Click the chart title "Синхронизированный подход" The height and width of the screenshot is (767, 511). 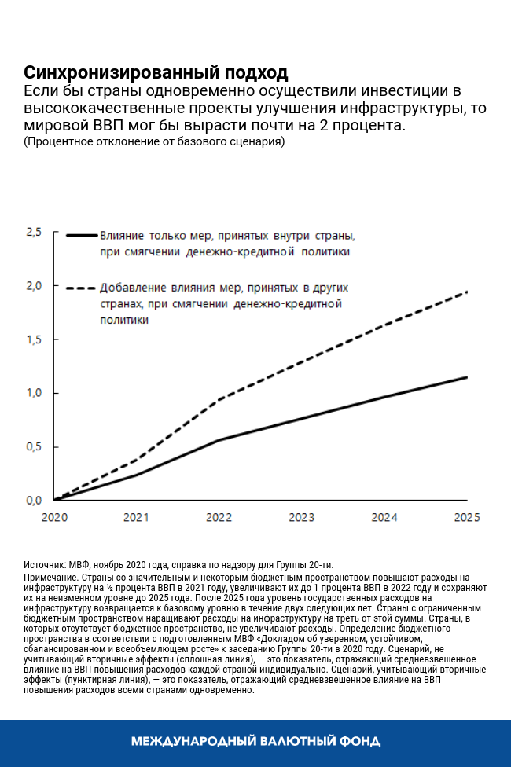coord(156,73)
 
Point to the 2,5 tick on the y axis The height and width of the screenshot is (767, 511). coord(33,233)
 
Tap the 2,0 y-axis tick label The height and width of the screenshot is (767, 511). coord(33,286)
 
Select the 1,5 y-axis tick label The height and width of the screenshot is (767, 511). coord(33,339)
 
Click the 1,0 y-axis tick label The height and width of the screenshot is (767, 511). coord(33,393)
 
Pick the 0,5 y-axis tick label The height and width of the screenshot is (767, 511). coord(33,446)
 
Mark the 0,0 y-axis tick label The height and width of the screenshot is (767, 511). coord(33,500)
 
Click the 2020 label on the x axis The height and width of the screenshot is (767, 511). coord(53,518)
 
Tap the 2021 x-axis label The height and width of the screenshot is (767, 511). coord(136,518)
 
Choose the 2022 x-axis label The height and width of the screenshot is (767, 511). coord(219,518)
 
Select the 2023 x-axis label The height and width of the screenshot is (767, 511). coord(302,518)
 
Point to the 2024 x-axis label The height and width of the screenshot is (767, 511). coord(384,518)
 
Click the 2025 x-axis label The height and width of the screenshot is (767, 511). coord(468,518)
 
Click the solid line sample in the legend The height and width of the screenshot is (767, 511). coord(81,235)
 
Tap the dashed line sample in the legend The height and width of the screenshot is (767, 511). coord(81,288)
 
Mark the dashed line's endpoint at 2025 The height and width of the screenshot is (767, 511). coord(467,292)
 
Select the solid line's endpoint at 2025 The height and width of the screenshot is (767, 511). coord(467,377)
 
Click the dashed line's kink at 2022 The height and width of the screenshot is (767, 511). coord(219,399)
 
